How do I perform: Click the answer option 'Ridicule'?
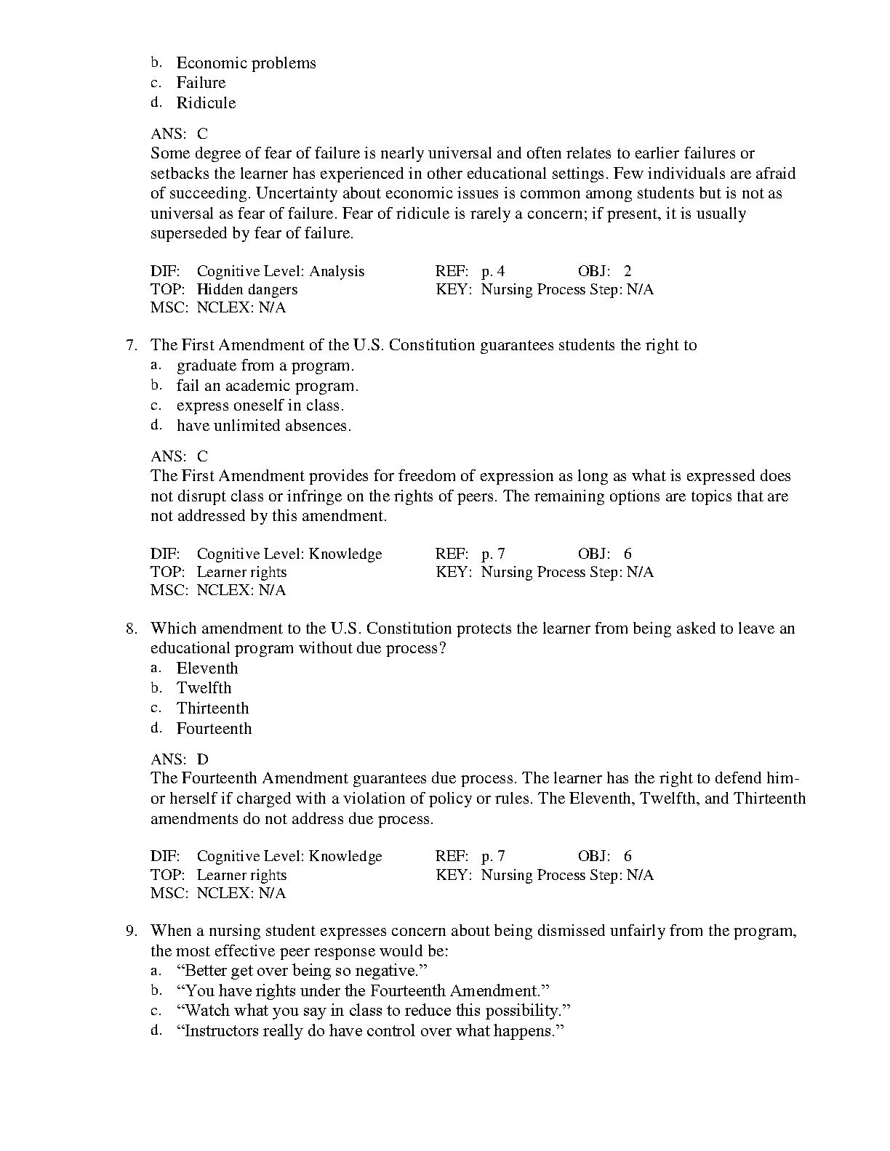(x=206, y=103)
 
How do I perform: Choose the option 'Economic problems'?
(x=246, y=63)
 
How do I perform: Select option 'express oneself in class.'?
(x=260, y=406)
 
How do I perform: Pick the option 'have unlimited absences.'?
(x=263, y=427)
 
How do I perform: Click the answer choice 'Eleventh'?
(x=207, y=669)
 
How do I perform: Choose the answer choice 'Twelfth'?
(x=204, y=688)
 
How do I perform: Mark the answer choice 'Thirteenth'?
(x=212, y=708)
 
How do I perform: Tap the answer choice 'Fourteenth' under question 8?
(x=214, y=729)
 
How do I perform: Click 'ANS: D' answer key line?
(x=180, y=759)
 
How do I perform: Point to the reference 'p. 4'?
(x=492, y=272)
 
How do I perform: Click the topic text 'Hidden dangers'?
(x=246, y=290)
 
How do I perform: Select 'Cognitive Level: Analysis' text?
(x=280, y=272)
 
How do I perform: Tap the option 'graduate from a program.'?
(x=265, y=366)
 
